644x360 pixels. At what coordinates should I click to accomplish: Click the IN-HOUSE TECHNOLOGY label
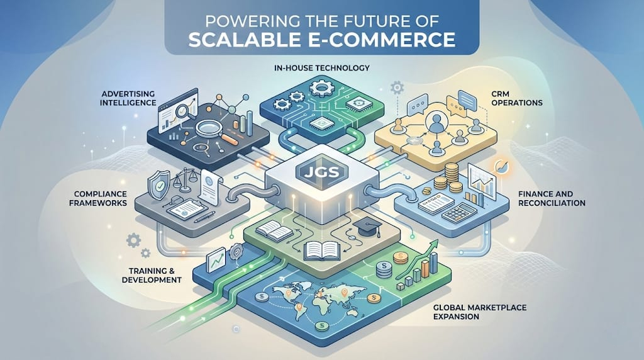(321, 67)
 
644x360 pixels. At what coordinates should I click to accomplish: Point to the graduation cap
(363, 225)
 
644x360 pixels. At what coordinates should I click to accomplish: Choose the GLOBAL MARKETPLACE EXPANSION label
(479, 312)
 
